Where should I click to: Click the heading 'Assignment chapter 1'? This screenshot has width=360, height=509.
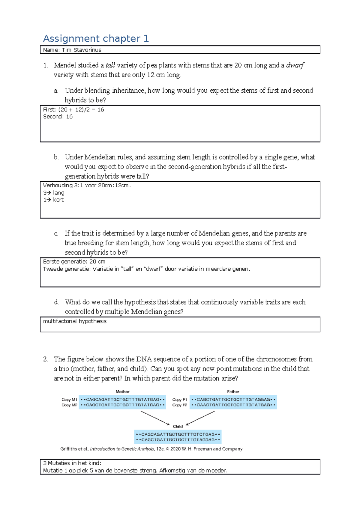pos(96,39)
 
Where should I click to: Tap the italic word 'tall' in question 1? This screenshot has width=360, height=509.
pos(110,65)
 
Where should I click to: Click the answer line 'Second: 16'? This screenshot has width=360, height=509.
pos(58,117)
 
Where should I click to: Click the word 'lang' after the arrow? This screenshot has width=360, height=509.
pos(58,193)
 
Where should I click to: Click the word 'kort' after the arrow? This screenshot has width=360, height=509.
pos(58,200)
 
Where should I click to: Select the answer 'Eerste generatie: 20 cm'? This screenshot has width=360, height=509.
pos(74,262)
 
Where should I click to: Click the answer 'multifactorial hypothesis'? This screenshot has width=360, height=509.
pos(75,321)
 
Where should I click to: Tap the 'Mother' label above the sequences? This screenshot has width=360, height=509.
pos(122,391)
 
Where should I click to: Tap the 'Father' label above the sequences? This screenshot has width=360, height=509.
pos(233,391)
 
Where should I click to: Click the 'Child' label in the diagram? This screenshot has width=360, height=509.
pos(178,426)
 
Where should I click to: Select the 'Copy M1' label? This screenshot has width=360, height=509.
pos(69,400)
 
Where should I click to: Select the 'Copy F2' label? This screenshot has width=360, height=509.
pos(179,405)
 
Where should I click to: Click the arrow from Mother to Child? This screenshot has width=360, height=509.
pos(155,418)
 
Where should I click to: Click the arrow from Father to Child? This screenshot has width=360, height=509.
pos(200,418)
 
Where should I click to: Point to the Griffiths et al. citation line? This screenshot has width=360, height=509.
pos(151,449)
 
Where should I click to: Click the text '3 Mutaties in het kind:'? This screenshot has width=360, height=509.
pos(72,463)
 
